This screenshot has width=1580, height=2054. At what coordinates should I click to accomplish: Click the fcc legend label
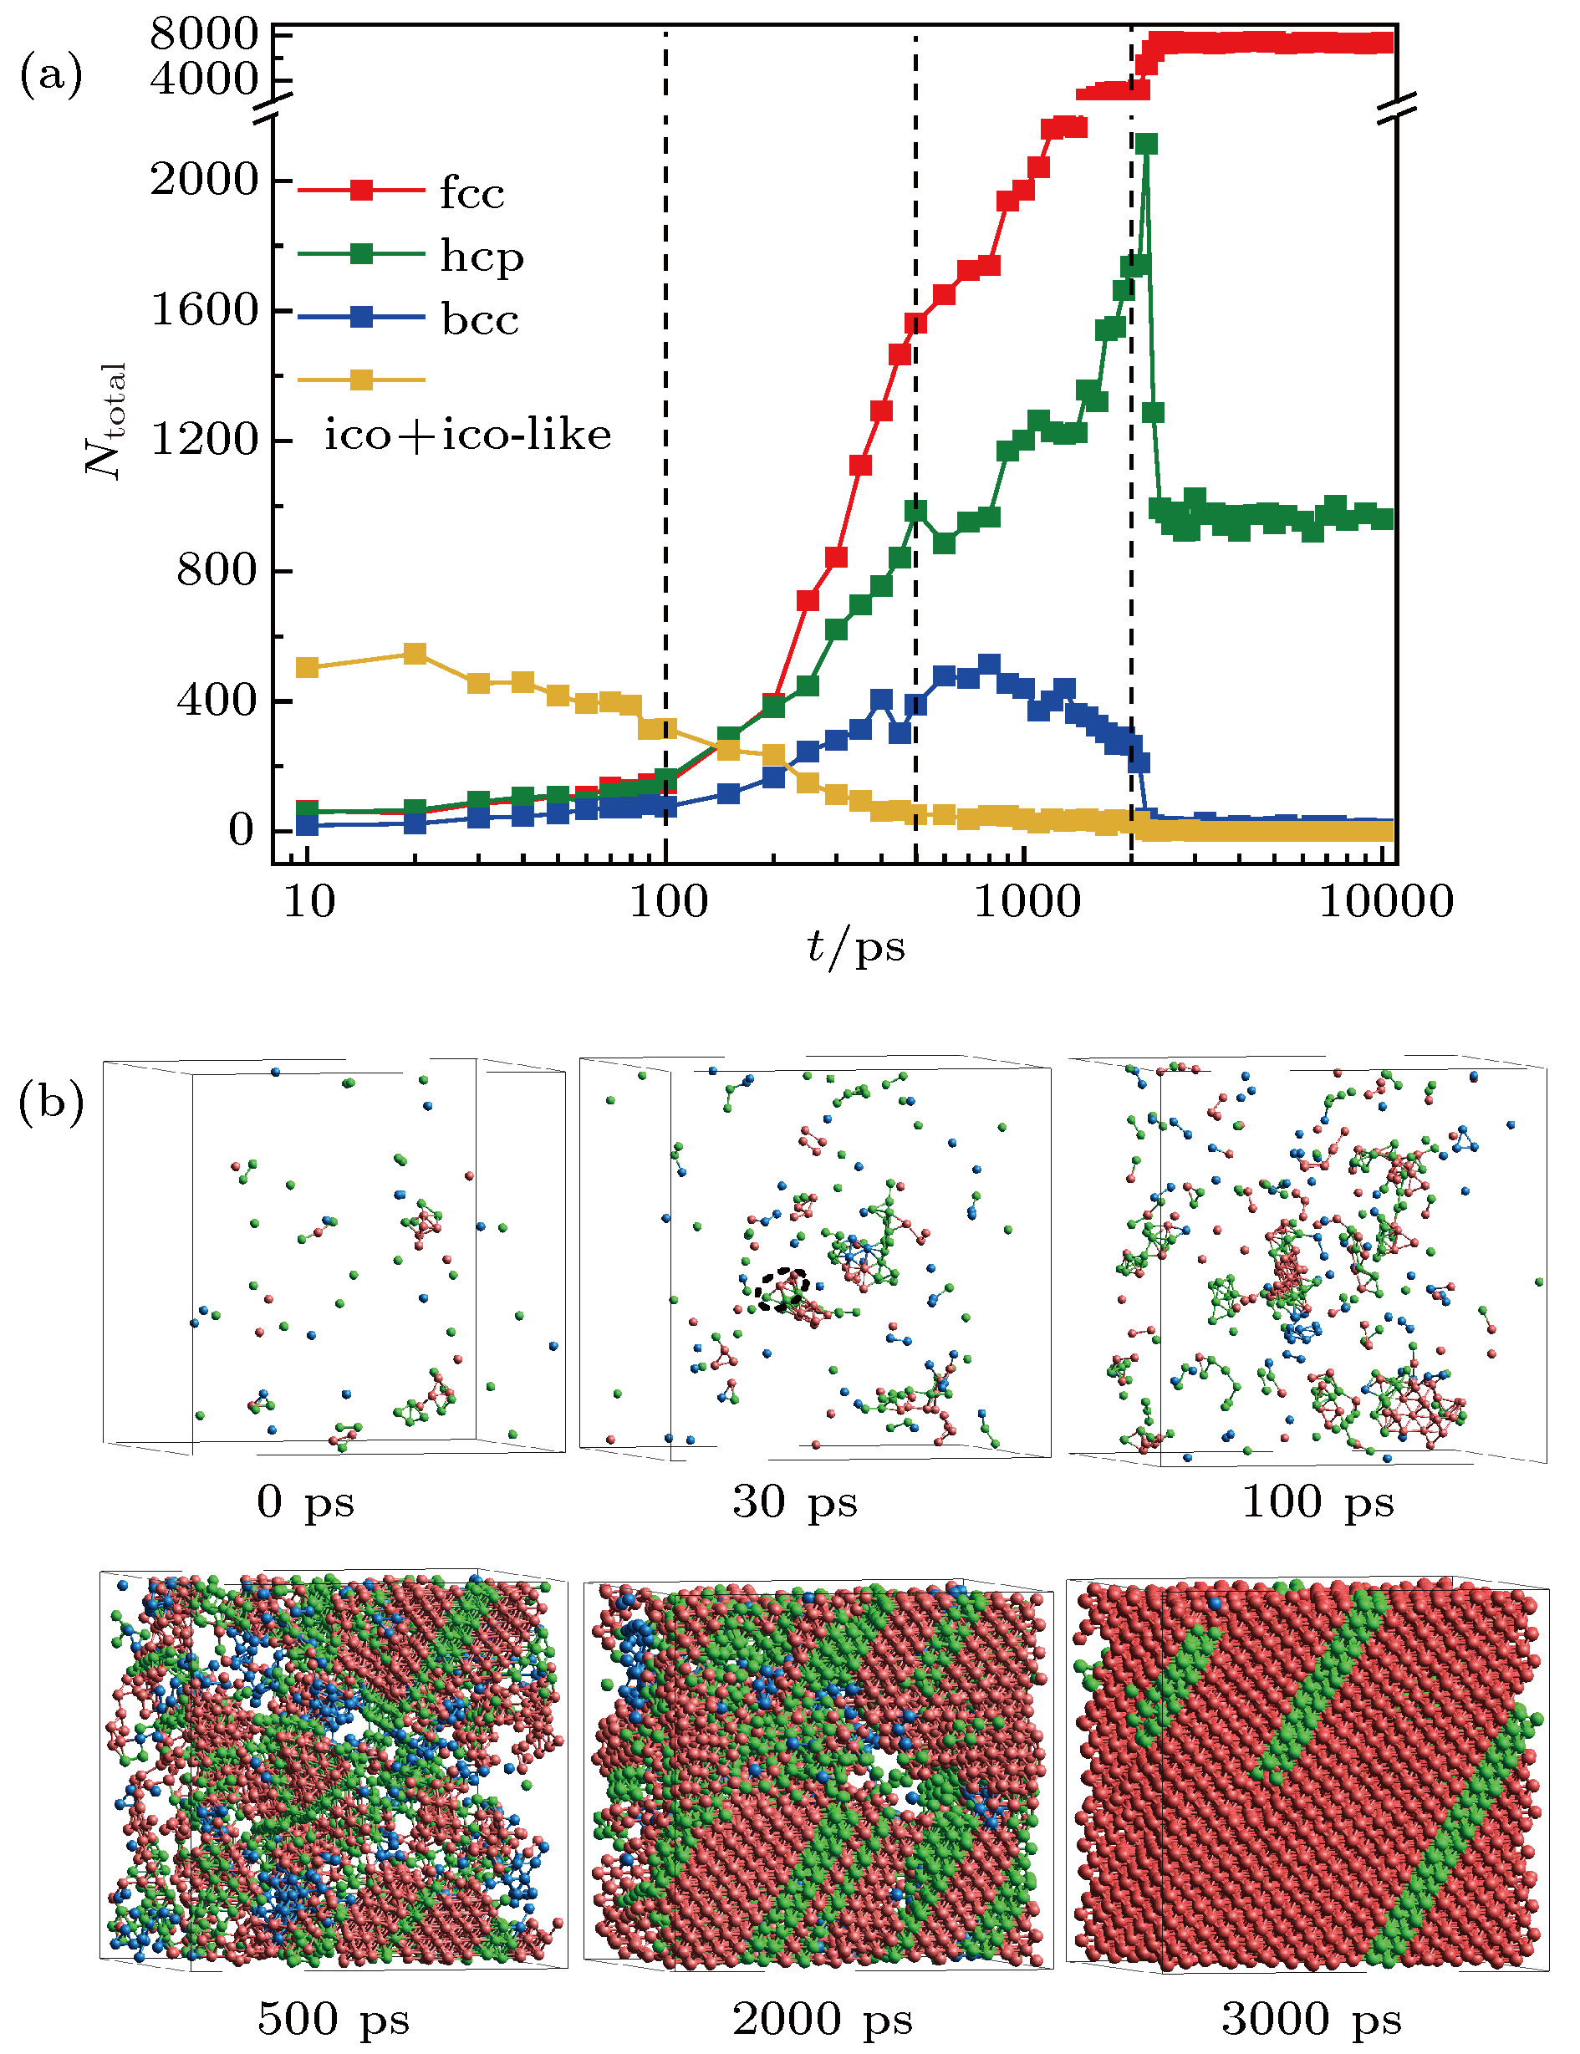click(472, 193)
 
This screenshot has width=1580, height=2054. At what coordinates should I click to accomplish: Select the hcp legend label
click(482, 256)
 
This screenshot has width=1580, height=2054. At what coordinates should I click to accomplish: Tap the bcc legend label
click(480, 319)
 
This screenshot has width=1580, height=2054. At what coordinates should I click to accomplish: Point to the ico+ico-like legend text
click(467, 435)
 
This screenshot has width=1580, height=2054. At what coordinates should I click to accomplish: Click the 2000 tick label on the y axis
click(204, 179)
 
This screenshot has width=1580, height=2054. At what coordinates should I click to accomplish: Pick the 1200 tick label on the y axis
click(204, 439)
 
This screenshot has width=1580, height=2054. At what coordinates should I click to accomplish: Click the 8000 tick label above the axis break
click(204, 35)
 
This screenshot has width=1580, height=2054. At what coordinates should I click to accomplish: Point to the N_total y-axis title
click(104, 420)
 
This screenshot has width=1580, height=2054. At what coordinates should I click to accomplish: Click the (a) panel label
click(51, 75)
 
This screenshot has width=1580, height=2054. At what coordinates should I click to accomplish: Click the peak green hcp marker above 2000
click(1145, 144)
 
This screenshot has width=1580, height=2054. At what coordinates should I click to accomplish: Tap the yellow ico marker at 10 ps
click(307, 668)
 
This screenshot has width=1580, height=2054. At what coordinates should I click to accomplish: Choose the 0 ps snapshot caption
click(306, 1503)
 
